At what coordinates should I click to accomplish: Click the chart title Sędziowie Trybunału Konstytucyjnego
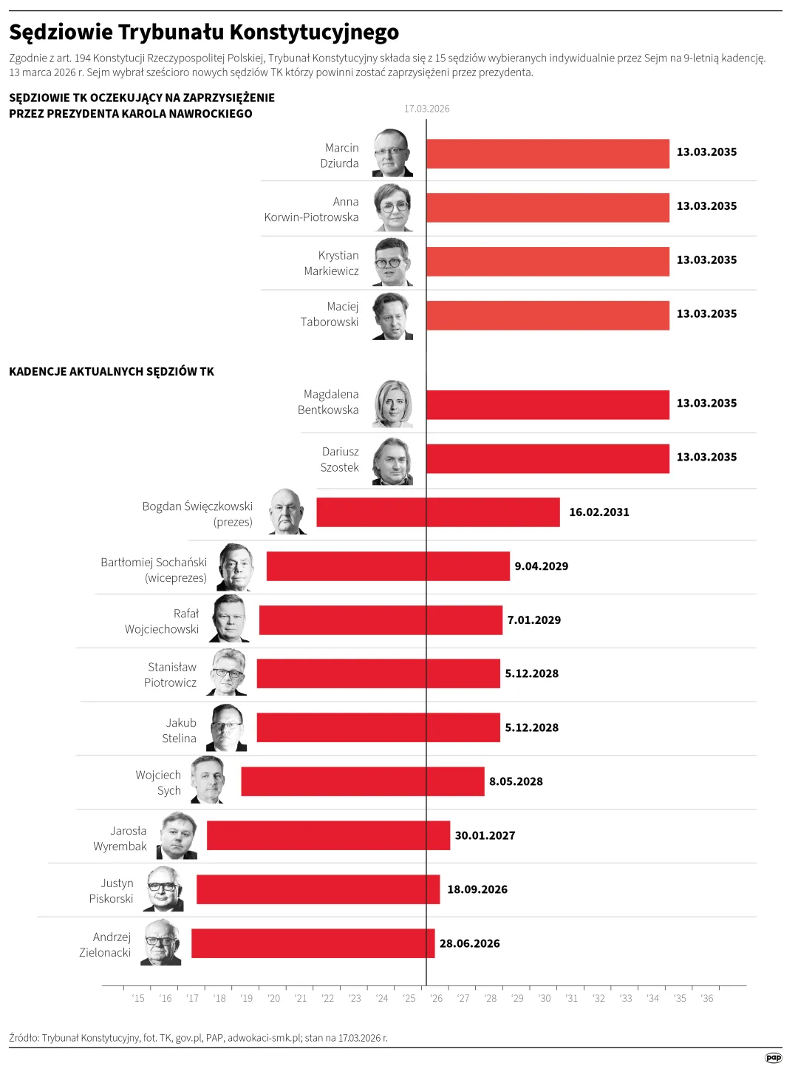coord(204,33)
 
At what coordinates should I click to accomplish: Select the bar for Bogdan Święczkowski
coord(437,512)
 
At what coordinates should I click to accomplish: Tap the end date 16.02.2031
coord(598,512)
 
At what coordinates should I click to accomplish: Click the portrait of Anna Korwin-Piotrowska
coord(392,208)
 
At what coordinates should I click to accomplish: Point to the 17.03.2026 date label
coord(426,109)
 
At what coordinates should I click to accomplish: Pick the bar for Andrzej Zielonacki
coord(313,943)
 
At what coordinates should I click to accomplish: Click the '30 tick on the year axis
coord(545,998)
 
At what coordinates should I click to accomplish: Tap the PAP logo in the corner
coord(773,1058)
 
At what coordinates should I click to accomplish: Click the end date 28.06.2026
coord(469,943)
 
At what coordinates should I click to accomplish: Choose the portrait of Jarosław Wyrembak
coord(177,836)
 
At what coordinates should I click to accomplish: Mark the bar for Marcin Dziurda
coord(548,154)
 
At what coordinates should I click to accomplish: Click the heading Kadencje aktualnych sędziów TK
coord(112,372)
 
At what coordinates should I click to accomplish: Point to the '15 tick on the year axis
coord(138,998)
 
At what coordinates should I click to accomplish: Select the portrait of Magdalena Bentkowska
coord(392,404)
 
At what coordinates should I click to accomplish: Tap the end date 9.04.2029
coord(541,566)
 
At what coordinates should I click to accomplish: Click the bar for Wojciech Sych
coord(362,781)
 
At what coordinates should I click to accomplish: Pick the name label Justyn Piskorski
coord(112,891)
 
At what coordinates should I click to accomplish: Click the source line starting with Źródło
coord(198,1038)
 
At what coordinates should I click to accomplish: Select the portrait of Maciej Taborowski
coord(392,316)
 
